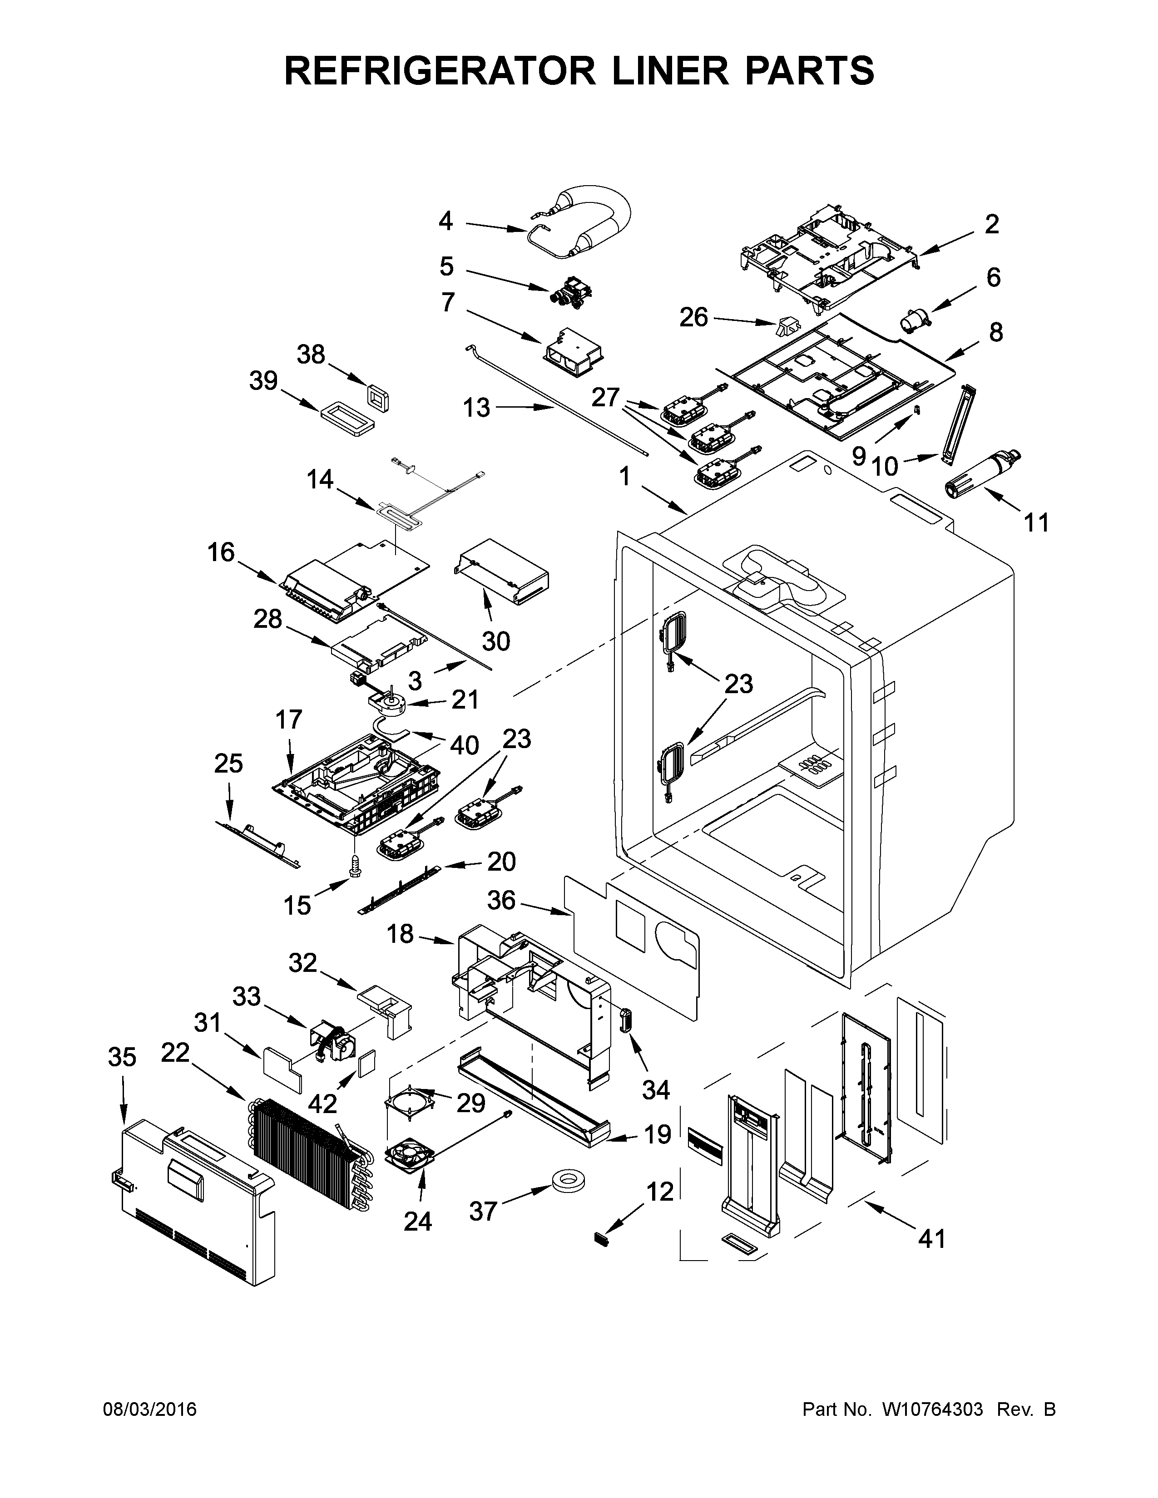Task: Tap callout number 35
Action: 122,1057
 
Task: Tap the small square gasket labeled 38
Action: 378,399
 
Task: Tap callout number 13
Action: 476,408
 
